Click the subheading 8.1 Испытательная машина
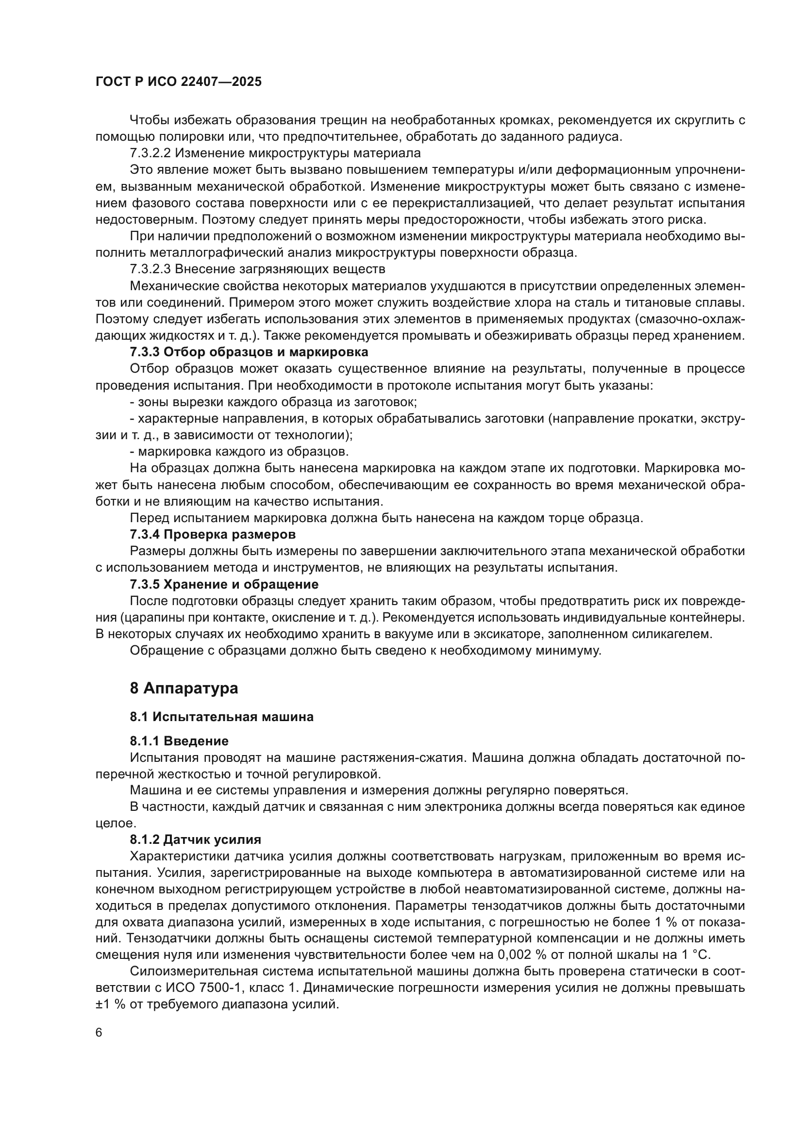tap(222, 717)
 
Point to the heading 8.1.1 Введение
tap(180, 741)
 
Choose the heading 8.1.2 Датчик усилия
tap(196, 839)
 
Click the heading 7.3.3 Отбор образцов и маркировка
tap(249, 352)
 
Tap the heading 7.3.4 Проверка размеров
tap(213, 534)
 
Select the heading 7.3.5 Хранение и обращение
tap(224, 584)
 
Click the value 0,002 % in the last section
tap(523, 954)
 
